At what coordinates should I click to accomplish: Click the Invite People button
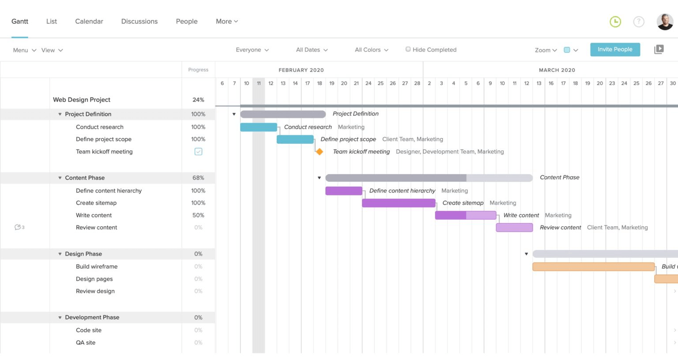pyautogui.click(x=615, y=49)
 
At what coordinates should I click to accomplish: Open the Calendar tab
pyautogui.click(x=89, y=21)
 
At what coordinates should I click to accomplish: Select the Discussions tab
pyautogui.click(x=139, y=21)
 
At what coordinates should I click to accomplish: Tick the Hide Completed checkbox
pyautogui.click(x=408, y=49)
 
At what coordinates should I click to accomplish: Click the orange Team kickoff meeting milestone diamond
pyautogui.click(x=319, y=152)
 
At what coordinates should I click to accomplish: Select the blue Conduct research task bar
pyautogui.click(x=259, y=127)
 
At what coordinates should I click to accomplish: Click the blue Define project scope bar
pyautogui.click(x=295, y=139)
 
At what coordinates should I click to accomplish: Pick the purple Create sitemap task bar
pyautogui.click(x=399, y=203)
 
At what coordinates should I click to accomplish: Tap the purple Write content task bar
pyautogui.click(x=466, y=215)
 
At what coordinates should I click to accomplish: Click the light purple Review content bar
pyautogui.click(x=514, y=228)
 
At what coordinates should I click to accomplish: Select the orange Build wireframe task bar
pyautogui.click(x=593, y=266)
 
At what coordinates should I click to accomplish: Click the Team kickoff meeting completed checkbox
pyautogui.click(x=199, y=152)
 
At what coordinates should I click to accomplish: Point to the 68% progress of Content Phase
pyautogui.click(x=198, y=178)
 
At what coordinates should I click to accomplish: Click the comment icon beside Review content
pyautogui.click(x=18, y=227)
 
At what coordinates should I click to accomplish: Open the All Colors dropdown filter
pyautogui.click(x=372, y=50)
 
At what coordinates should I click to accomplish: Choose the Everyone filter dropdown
pyautogui.click(x=252, y=50)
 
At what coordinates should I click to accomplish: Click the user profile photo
pyautogui.click(x=665, y=22)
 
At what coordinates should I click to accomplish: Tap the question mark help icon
pyautogui.click(x=639, y=22)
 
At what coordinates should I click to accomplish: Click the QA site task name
pyautogui.click(x=86, y=343)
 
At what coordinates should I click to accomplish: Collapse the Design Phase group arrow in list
pyautogui.click(x=60, y=254)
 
